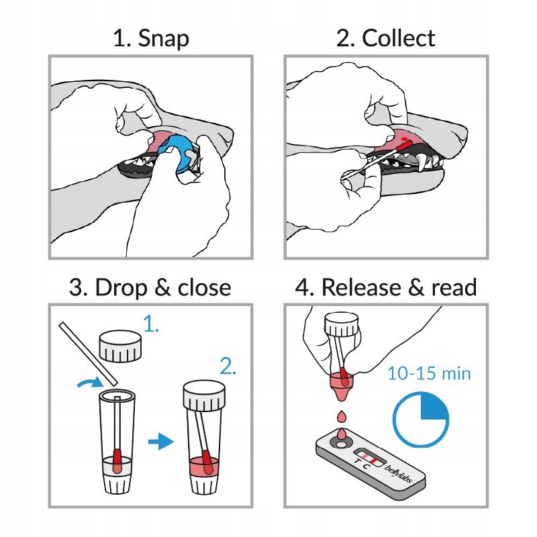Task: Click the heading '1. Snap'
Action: [150, 38]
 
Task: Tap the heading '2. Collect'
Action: [385, 38]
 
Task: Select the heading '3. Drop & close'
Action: [150, 287]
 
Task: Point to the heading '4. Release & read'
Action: [386, 287]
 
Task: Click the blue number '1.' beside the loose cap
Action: [152, 327]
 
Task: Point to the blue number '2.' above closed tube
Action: [228, 367]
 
